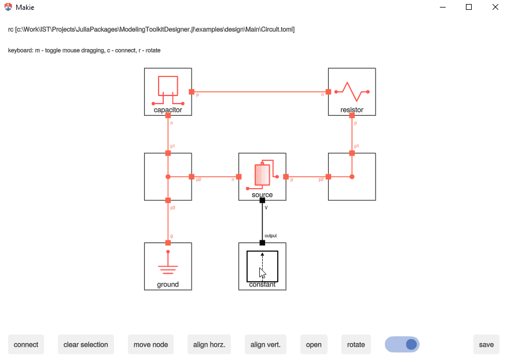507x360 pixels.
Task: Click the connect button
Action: click(x=26, y=344)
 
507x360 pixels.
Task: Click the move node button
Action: click(x=150, y=344)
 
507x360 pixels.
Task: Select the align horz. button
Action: click(x=209, y=344)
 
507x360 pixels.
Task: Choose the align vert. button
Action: click(x=265, y=344)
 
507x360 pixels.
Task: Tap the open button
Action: click(x=314, y=344)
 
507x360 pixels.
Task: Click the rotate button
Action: click(x=356, y=344)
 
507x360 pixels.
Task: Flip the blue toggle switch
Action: click(x=402, y=344)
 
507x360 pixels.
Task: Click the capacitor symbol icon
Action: click(x=168, y=88)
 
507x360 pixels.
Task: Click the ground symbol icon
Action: click(x=168, y=265)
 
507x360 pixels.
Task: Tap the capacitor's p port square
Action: click(x=192, y=91)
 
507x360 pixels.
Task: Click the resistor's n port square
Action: click(x=328, y=91)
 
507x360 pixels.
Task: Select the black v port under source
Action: click(x=262, y=200)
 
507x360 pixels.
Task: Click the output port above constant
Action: click(x=262, y=243)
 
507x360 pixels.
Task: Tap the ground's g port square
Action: click(x=168, y=243)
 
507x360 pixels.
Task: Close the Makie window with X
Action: click(x=495, y=7)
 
